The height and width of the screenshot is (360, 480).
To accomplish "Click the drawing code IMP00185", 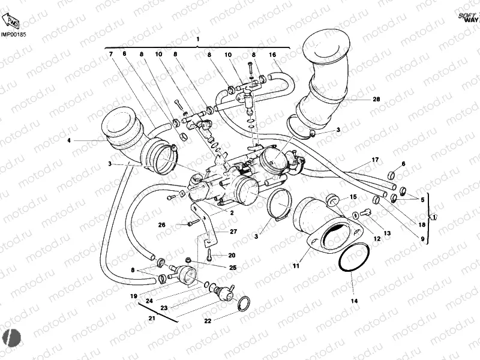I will pos(13,35).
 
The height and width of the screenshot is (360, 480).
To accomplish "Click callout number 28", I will pos(376,99).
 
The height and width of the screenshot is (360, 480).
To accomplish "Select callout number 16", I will pos(272,55).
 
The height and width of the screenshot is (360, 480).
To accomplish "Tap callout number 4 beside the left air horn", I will pos(69,141).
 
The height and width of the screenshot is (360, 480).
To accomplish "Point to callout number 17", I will pos(375,160).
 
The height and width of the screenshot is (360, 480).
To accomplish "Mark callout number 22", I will pos(208,321).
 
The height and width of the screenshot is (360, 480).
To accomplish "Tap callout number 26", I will pos(161,226).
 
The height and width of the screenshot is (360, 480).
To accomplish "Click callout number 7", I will pos(110,55).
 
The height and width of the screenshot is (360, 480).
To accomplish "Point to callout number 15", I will pos(353,197).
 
